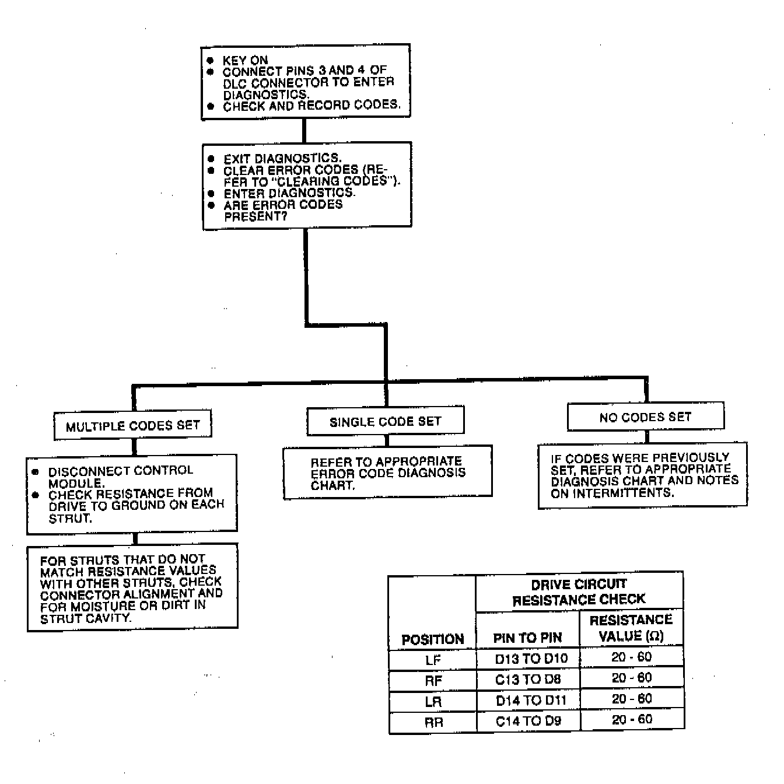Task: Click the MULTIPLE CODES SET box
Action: pos(132,425)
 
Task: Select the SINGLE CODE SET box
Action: pos(385,421)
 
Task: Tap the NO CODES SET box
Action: pos(645,416)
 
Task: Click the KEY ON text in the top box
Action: pos(245,60)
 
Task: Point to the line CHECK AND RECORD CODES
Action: pos(311,106)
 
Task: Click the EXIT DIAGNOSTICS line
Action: pos(282,158)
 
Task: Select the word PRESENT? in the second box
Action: pos(256,216)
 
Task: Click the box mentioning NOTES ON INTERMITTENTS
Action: pos(642,475)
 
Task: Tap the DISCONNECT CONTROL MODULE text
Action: pos(120,477)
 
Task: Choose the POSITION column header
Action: pos(432,639)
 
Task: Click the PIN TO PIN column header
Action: pos(527,638)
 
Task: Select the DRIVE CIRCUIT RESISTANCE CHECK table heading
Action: pos(579,591)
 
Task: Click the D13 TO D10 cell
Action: pos(531,659)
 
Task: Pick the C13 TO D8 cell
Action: pos(528,679)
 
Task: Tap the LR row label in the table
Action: pos(433,701)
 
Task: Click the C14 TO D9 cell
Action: pos(528,721)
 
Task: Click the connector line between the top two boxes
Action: pos(304,131)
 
